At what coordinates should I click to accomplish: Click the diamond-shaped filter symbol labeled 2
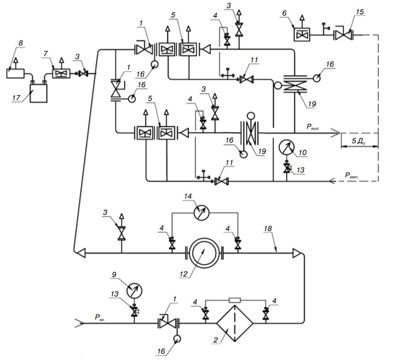(x=234, y=323)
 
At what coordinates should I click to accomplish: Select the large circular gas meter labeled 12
(x=204, y=253)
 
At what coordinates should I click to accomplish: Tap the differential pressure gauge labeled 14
(x=201, y=213)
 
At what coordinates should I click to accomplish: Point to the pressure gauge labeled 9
(x=135, y=291)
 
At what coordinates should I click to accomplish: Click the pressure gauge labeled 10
(x=287, y=147)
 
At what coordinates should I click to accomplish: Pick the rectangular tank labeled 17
(x=39, y=93)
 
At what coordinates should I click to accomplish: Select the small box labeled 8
(x=15, y=73)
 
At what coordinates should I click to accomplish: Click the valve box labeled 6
(x=302, y=35)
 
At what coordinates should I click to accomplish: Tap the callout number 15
(x=360, y=12)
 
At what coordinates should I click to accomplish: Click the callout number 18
(x=268, y=229)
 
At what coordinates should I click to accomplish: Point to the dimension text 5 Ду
(x=359, y=141)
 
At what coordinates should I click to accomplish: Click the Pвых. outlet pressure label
(x=313, y=127)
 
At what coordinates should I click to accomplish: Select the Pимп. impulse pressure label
(x=351, y=176)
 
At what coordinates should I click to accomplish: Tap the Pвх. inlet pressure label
(x=100, y=318)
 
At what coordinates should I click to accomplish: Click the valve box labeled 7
(x=61, y=73)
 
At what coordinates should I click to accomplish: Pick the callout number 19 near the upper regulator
(x=312, y=104)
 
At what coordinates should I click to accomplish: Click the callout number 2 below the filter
(x=216, y=340)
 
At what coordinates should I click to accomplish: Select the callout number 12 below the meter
(x=183, y=274)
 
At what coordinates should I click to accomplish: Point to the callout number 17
(x=16, y=98)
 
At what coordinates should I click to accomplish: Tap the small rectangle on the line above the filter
(x=235, y=300)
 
